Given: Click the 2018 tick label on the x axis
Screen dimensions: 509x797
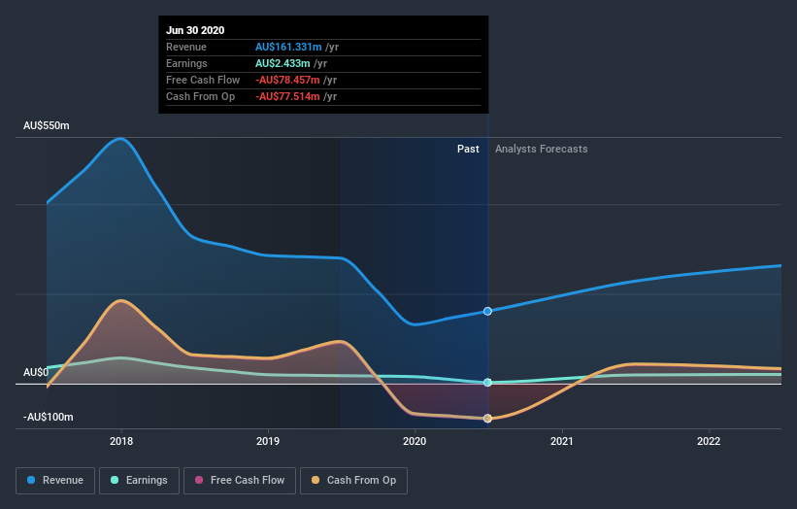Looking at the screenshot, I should pos(121,441).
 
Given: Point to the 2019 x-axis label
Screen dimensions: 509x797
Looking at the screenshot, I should pos(268,441).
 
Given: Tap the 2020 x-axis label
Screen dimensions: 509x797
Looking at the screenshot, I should pos(415,441).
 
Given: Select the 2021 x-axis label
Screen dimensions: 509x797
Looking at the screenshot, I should pos(562,441).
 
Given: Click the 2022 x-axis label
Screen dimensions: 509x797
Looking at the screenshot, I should pos(710,441).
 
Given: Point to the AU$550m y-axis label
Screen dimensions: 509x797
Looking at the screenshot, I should pos(47,126).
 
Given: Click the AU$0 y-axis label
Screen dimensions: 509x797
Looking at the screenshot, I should pos(36,373).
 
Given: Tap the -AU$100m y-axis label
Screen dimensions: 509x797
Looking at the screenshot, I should pos(49,417).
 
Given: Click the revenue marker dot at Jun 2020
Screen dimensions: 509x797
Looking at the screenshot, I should pos(487,311).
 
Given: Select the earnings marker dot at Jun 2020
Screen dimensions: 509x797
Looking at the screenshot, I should pos(487,383).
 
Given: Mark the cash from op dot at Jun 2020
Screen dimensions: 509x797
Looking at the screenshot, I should pos(487,419).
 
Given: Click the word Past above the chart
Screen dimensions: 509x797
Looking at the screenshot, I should pos(468,149).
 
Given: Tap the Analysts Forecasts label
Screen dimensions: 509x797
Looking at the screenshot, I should pos(541,149).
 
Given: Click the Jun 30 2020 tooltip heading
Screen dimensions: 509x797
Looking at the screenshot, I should pos(195,30).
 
